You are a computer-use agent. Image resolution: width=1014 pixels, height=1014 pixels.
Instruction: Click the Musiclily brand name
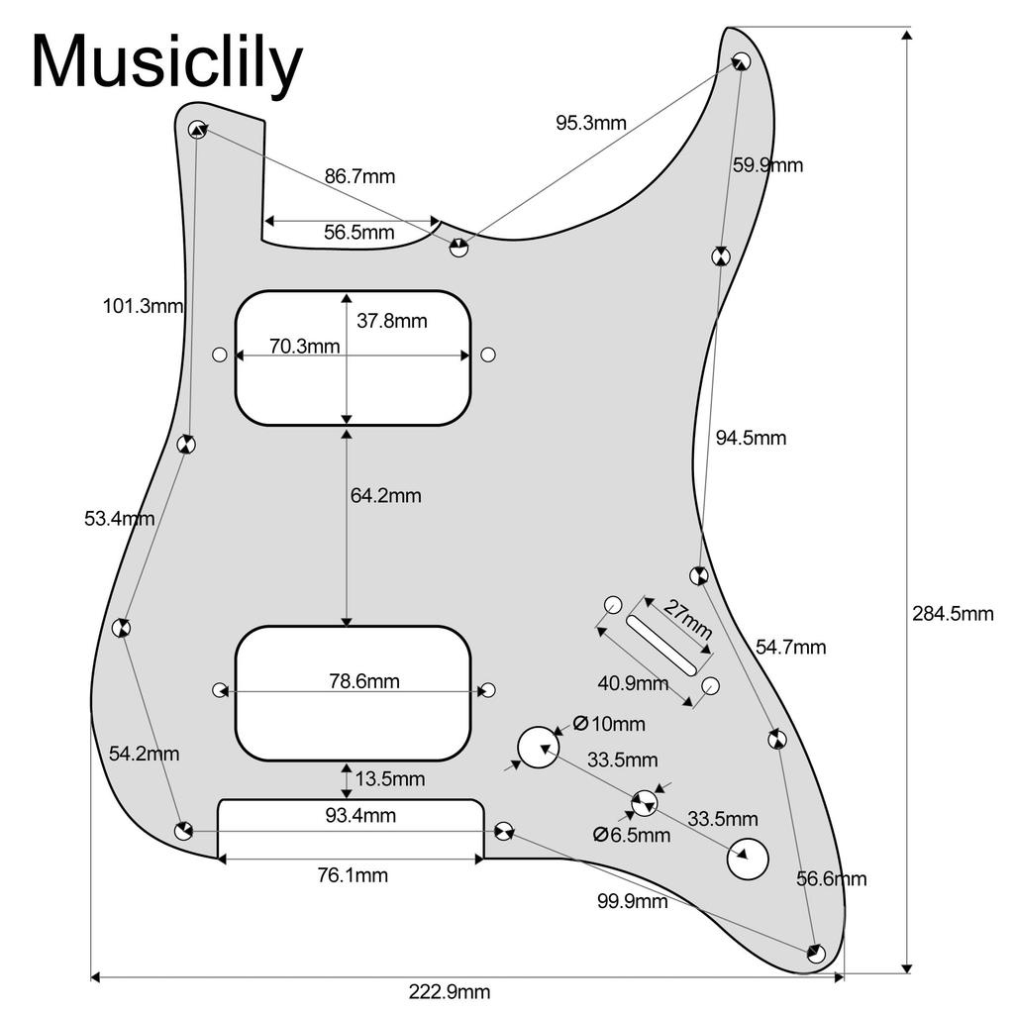click(x=166, y=63)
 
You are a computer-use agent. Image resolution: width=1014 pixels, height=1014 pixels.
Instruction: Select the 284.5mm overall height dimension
click(x=952, y=614)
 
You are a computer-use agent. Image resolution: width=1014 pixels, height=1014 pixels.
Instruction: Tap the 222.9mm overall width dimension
click(x=449, y=992)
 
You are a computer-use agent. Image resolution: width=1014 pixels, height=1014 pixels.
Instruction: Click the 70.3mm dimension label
click(x=304, y=347)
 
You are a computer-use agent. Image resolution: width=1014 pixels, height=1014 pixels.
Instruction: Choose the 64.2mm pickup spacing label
click(x=385, y=495)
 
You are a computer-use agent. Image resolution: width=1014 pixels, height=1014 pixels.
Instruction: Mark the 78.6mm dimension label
click(x=363, y=681)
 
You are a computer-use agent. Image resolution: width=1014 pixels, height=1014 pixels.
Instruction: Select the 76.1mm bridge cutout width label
click(x=352, y=875)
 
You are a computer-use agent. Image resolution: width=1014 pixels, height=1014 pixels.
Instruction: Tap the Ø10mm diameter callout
click(x=609, y=724)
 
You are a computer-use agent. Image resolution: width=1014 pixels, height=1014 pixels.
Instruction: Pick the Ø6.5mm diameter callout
click(x=632, y=836)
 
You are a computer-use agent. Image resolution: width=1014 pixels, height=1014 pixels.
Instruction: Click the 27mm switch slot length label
click(x=685, y=619)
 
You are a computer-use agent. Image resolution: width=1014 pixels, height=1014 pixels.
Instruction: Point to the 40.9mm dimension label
click(x=632, y=683)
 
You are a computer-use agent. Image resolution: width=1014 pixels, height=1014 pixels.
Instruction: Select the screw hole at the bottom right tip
click(x=816, y=954)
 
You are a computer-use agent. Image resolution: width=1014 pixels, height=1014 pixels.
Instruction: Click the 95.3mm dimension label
click(x=590, y=124)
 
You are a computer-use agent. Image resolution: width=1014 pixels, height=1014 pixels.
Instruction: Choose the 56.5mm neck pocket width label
click(x=359, y=233)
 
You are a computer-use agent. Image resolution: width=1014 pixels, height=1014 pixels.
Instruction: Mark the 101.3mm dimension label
click(x=144, y=306)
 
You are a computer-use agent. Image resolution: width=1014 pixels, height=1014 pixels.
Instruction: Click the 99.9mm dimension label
click(x=632, y=901)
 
